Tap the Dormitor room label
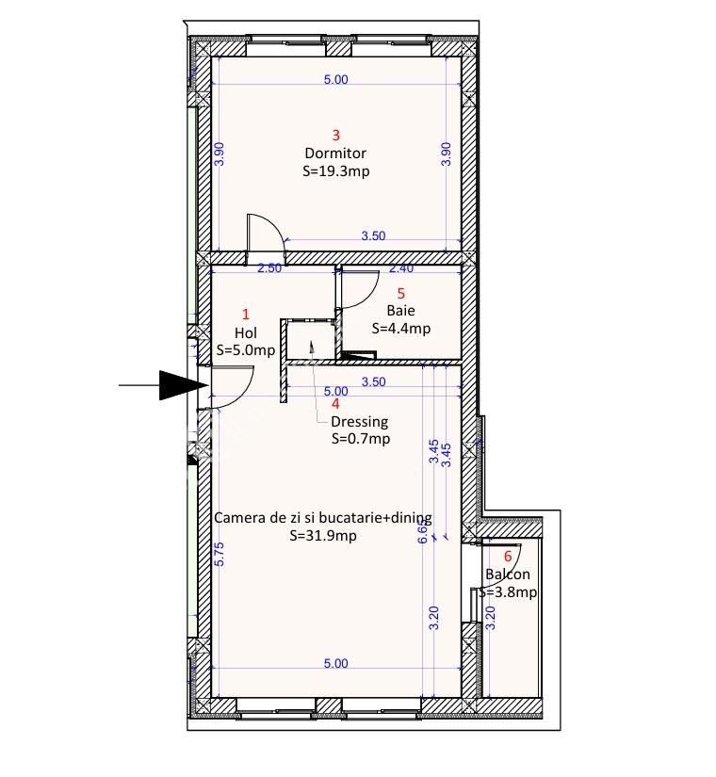click(335, 154)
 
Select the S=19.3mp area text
click(336, 171)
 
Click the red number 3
click(336, 135)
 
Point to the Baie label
click(400, 311)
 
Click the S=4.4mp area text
click(401, 328)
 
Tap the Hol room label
click(246, 332)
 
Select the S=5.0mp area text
click(246, 349)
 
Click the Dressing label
click(360, 422)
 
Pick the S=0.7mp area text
click(361, 439)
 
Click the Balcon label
click(507, 575)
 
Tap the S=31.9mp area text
click(323, 536)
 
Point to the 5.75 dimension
click(220, 554)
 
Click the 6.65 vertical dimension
click(422, 532)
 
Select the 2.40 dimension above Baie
click(401, 268)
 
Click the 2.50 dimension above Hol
click(269, 268)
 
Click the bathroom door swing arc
click(370, 299)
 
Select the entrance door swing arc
click(245, 396)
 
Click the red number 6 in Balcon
click(507, 557)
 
